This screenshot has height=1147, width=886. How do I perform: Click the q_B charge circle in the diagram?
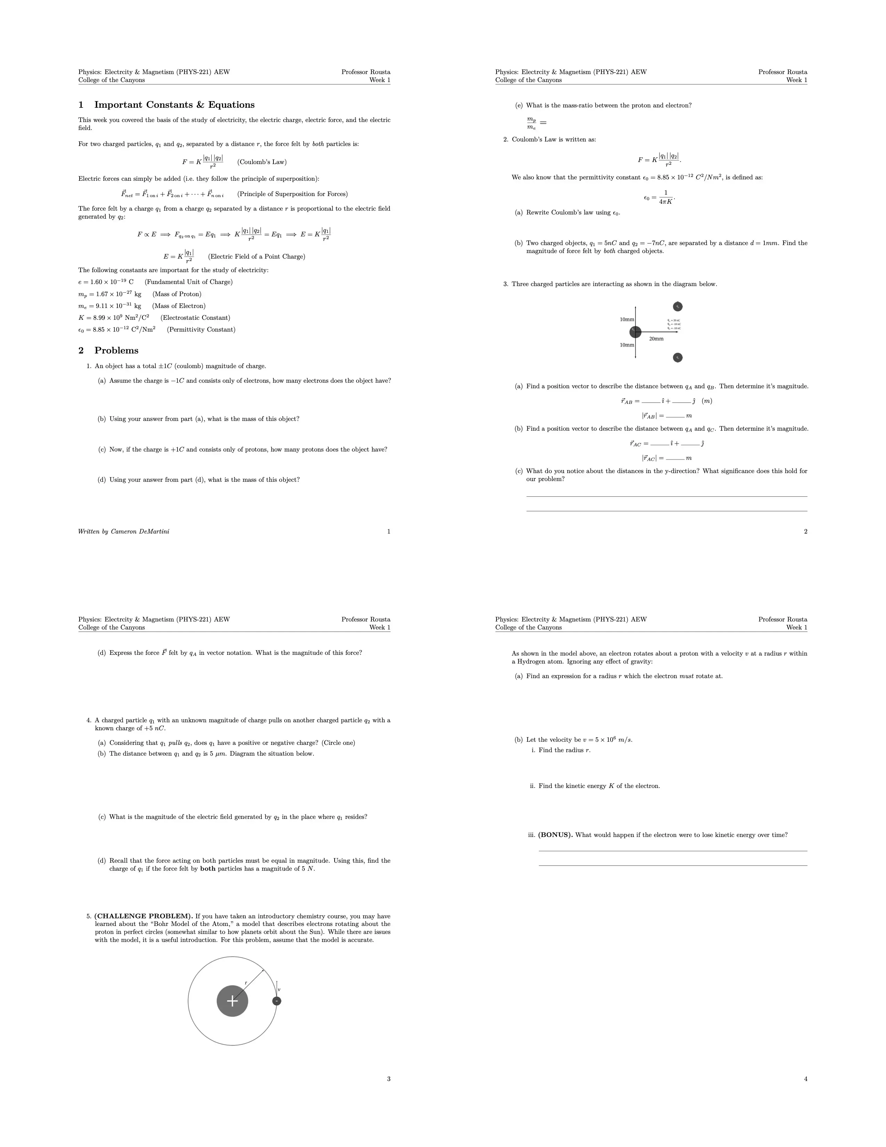(678, 307)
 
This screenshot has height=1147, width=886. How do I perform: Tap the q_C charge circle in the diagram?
(678, 358)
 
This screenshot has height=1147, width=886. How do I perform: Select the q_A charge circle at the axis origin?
(635, 332)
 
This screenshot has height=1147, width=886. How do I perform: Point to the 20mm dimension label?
(656, 339)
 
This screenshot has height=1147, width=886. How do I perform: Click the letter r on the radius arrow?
(246, 983)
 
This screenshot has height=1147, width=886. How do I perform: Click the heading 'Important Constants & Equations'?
(174, 105)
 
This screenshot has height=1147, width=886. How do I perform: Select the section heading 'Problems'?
(116, 351)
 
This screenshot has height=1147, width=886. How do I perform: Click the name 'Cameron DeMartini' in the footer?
(140, 531)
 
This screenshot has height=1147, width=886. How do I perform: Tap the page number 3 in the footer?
(388, 1079)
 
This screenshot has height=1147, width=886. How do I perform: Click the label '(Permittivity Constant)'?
(201, 330)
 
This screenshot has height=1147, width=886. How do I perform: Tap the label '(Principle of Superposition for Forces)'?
(292, 194)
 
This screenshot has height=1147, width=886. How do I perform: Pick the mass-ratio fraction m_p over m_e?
(532, 123)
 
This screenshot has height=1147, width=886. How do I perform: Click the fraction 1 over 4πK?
(666, 197)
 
